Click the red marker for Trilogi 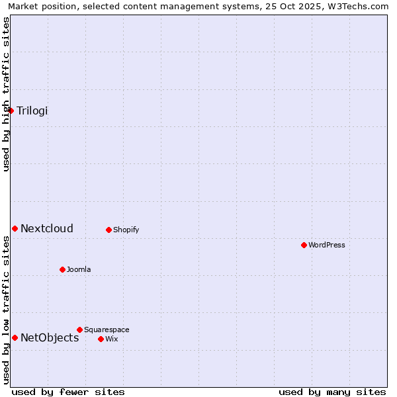pos(11,110)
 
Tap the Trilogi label pos(32,110)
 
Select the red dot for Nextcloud pos(15,228)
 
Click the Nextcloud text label pos(47,229)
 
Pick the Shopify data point pos(109,230)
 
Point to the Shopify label pos(126,230)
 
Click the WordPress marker pos(304,245)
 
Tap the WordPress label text pos(327,245)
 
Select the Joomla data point pos(62,269)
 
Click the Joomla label pos(79,270)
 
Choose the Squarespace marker pos(79,330)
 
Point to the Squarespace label pos(107,330)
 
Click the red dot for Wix pos(101,339)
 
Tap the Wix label pos(112,339)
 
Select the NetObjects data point pos(15,337)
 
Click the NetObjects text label pos(50,338)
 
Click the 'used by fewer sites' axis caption pos(68,392)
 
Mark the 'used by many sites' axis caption pos(332,392)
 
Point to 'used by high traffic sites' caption pos(6,94)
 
